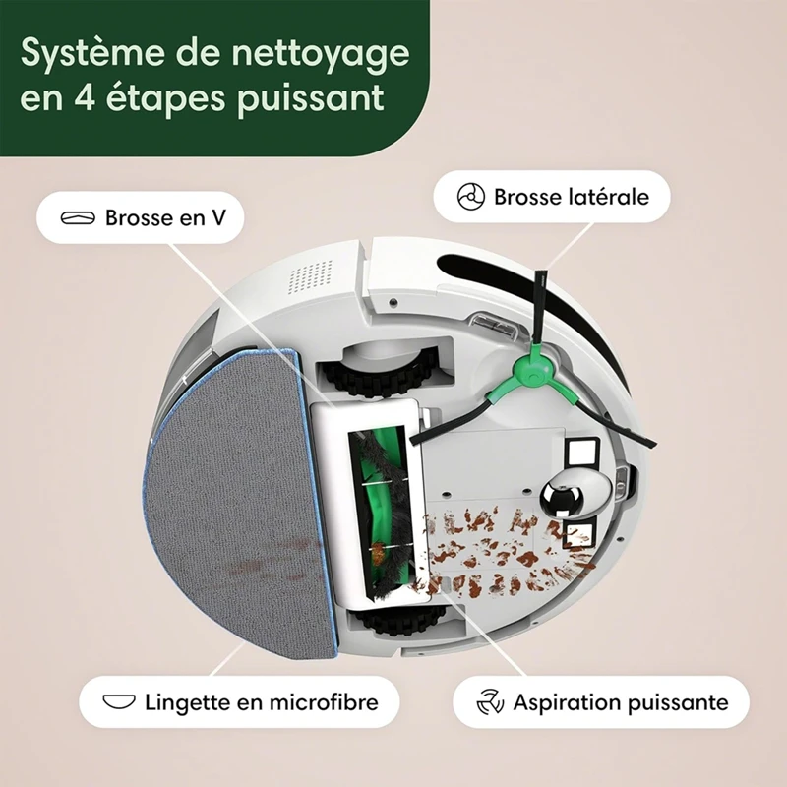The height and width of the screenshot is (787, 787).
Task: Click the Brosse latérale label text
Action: coord(572,197)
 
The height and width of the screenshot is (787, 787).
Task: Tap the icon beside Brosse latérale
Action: coord(472,197)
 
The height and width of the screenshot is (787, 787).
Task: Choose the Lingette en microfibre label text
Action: coord(256,702)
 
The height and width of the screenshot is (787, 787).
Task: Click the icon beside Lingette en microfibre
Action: coord(117,702)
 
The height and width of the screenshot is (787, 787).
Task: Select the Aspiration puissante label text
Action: coord(621,702)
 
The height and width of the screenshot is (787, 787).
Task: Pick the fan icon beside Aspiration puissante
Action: coord(489,702)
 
